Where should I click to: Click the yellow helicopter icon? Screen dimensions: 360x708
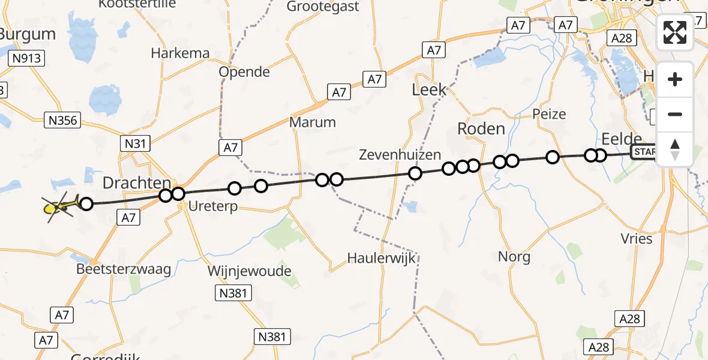(x=60, y=206)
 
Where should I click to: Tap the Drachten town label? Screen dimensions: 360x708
(x=137, y=182)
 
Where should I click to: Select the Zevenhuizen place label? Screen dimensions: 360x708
(x=400, y=154)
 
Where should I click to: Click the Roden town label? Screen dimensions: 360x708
(x=481, y=128)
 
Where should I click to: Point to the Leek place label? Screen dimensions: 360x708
(x=429, y=90)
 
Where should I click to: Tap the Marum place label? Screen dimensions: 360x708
(x=313, y=122)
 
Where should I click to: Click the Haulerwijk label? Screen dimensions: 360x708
(x=381, y=258)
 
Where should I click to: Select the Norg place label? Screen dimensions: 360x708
(x=514, y=257)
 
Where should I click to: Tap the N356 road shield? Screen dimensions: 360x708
(x=62, y=121)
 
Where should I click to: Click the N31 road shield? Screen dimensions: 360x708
(x=135, y=143)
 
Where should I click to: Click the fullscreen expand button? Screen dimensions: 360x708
(x=675, y=32)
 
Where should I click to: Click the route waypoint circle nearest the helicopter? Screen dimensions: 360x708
(x=86, y=204)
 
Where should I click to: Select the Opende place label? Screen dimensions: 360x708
(x=244, y=72)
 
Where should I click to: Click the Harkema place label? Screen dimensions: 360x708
(x=180, y=53)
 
